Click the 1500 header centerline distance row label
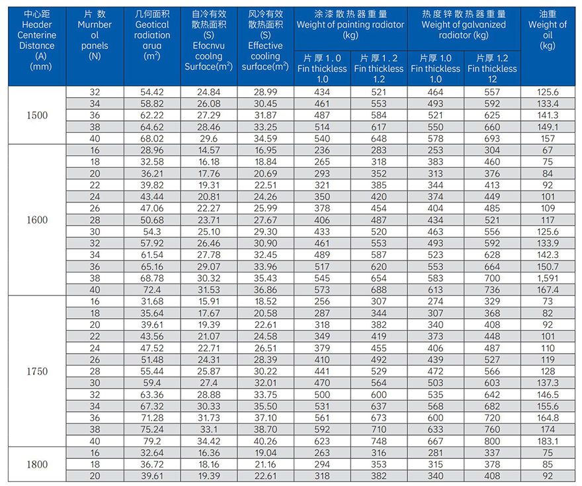point(37,115)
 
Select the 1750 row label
point(37,371)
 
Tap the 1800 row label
point(37,464)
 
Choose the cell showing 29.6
point(208,138)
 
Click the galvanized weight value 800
point(493,441)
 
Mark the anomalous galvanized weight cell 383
point(436,161)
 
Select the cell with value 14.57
point(208,150)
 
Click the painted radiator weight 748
point(379,441)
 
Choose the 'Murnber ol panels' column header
point(95,36)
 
